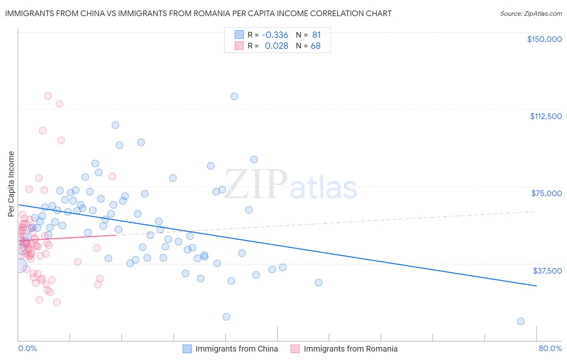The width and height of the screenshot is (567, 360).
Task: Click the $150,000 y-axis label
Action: [x=544, y=39]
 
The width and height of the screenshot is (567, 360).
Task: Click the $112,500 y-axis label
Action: [x=546, y=116]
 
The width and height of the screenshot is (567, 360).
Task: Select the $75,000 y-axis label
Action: [x=546, y=193]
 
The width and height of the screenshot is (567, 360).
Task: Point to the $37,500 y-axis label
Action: [x=547, y=271]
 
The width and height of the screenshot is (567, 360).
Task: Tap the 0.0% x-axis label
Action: [x=27, y=349]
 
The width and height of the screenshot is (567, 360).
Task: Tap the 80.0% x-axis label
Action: [x=550, y=349]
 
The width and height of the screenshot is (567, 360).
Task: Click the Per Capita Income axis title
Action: [x=11, y=184]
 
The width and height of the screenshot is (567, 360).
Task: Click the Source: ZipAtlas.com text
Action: [x=531, y=14]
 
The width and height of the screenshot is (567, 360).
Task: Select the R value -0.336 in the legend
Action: [x=275, y=35]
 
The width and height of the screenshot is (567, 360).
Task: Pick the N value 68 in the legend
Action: [x=315, y=46]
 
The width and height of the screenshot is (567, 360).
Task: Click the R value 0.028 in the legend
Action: [x=276, y=46]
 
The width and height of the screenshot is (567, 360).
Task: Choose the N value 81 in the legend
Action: [x=316, y=35]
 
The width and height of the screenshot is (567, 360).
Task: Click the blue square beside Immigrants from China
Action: [x=187, y=349]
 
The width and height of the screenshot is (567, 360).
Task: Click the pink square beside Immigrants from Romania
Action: [x=295, y=349]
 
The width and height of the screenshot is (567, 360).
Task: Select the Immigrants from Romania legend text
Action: [x=350, y=349]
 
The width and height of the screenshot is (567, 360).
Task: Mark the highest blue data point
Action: [x=234, y=96]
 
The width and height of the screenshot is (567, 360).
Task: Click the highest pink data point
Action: [x=48, y=96]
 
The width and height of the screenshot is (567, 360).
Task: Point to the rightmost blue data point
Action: [x=521, y=321]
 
